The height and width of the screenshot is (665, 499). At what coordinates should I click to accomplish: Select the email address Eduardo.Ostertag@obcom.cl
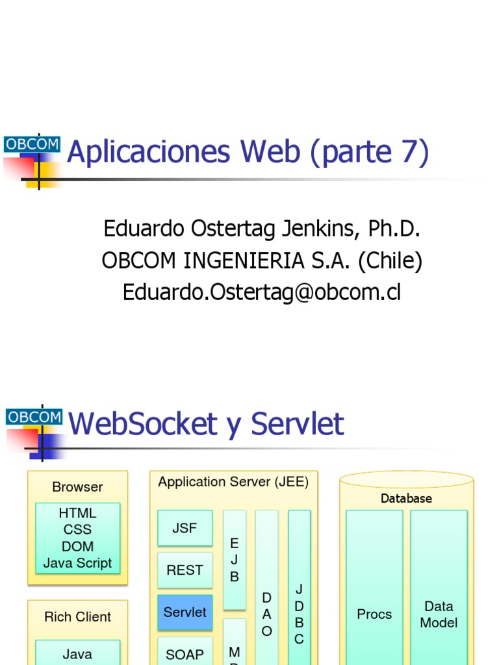[262, 292]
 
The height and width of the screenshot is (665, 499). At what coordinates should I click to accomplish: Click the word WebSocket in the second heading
[143, 424]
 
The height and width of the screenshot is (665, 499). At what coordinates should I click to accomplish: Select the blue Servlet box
[185, 612]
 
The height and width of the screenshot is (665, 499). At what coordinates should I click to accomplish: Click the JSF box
[185, 528]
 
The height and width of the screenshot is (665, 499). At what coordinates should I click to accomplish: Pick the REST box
[185, 570]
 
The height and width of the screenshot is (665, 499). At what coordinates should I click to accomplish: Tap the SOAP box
[185, 653]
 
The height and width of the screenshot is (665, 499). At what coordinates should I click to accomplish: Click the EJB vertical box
[235, 560]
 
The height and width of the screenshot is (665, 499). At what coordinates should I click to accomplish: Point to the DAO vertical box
[266, 588]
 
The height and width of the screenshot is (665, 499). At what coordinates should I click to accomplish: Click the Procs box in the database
[374, 614]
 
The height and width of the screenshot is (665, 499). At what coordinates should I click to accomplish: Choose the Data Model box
[439, 614]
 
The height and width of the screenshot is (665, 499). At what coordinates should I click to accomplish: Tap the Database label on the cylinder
[406, 499]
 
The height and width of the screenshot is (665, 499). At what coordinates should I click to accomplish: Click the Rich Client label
[77, 617]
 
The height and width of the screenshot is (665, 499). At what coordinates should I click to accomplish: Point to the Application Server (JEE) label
[233, 482]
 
